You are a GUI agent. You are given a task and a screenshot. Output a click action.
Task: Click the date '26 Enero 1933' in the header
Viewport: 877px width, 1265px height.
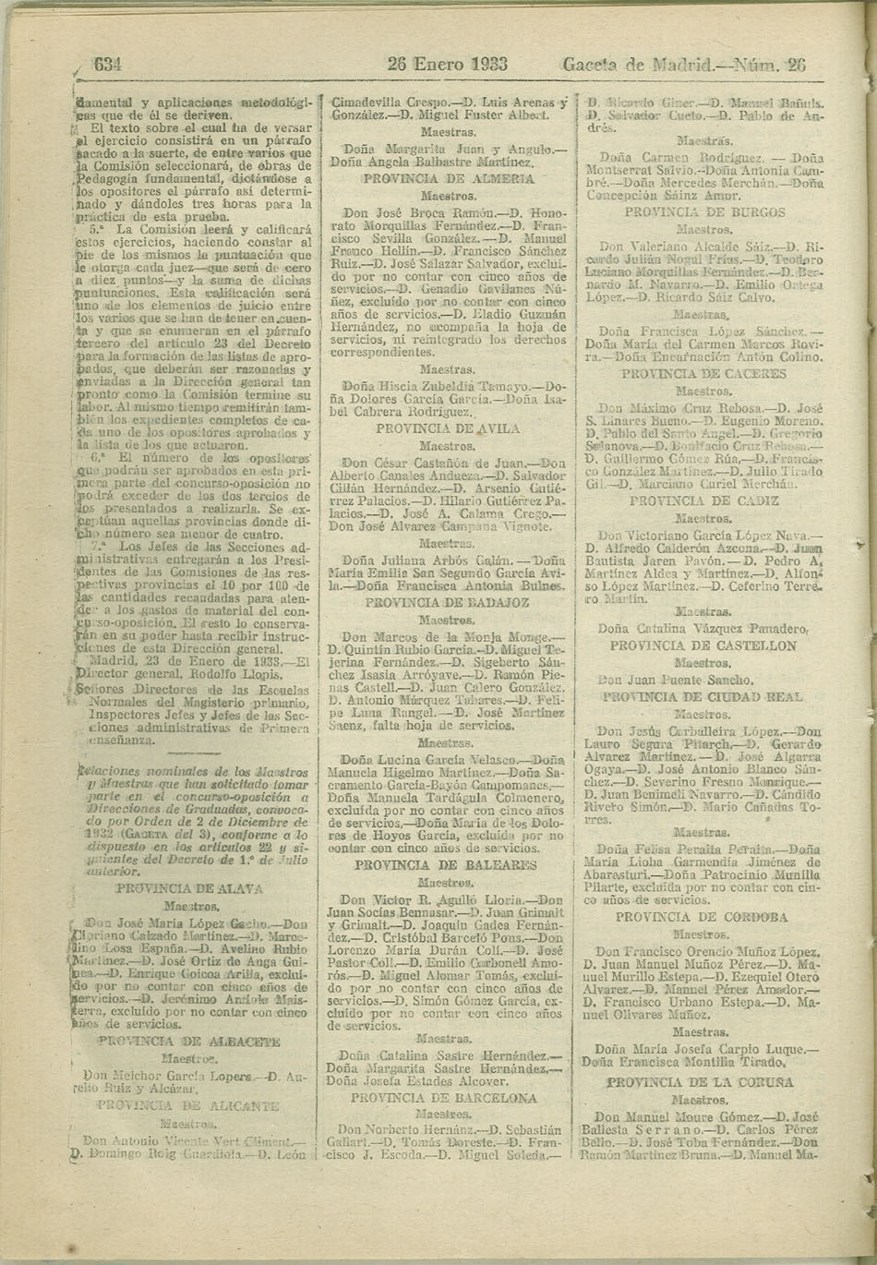pos(448,65)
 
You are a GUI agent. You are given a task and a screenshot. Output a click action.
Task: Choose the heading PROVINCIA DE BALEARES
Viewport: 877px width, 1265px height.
pos(446,865)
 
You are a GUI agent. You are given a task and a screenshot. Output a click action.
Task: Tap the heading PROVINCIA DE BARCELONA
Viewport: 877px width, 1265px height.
pos(443,1098)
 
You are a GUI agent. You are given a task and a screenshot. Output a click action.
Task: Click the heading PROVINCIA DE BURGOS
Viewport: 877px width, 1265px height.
pos(704,211)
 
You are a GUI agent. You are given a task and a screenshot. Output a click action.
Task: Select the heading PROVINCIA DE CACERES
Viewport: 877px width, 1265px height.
pos(703,374)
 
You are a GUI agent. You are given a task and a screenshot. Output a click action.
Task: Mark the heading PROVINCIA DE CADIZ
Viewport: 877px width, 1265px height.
pos(703,500)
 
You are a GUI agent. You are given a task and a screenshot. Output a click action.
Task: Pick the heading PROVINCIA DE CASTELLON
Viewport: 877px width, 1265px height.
pos(703,645)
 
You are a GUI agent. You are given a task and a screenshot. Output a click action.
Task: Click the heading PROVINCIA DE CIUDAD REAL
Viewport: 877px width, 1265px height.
pos(703,697)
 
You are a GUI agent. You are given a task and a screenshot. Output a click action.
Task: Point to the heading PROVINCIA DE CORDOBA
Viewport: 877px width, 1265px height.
pos(702,917)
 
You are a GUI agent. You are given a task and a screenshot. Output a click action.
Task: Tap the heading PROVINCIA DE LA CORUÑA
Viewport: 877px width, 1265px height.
pos(700,1081)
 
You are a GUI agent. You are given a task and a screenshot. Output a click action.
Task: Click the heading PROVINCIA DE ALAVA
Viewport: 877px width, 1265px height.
pos(189,888)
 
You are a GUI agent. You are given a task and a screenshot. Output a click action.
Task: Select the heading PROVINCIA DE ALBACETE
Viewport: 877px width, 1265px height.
pos(188,1041)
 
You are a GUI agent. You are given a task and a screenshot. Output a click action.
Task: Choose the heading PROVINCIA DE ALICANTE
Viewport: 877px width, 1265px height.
pos(188,1105)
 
